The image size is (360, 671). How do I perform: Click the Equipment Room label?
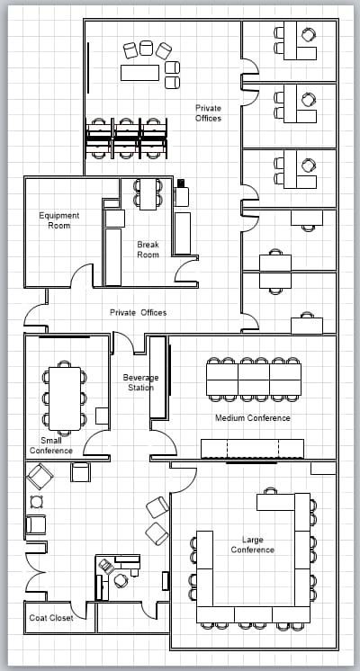59,220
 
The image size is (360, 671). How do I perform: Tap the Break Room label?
148,249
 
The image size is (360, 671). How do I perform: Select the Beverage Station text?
140,382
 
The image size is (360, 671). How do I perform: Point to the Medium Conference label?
253,417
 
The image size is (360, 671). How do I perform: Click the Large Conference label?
253,544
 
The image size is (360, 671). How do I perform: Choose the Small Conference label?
51,445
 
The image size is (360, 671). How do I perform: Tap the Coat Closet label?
51,618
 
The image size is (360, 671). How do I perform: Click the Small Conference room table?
65,398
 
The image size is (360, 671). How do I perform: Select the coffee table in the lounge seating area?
140,72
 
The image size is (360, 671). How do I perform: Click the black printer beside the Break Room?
181,183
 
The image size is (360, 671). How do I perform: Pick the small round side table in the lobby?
37,502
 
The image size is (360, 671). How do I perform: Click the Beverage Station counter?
157,377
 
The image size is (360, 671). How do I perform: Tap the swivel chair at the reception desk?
121,581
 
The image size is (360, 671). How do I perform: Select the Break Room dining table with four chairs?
148,194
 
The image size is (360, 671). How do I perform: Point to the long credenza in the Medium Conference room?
253,449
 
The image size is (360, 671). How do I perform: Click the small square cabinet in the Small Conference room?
102,416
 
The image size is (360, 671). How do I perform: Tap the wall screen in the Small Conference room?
65,337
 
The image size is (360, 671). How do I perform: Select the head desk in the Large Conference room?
275,502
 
